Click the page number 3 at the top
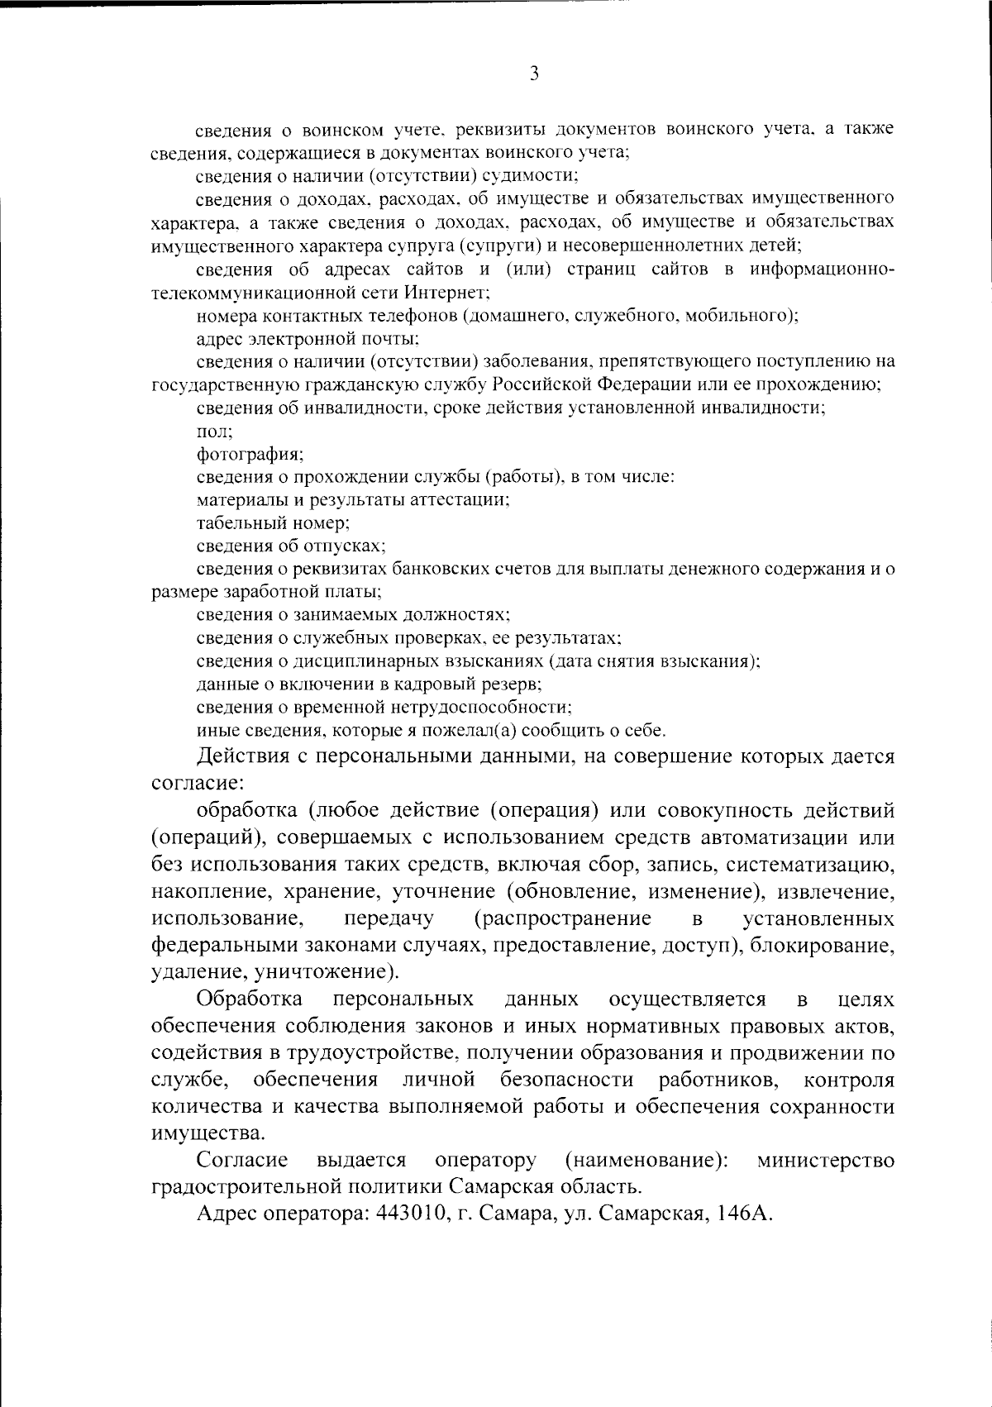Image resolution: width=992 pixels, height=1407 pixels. [x=534, y=74]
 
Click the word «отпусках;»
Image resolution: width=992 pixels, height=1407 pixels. [x=346, y=546]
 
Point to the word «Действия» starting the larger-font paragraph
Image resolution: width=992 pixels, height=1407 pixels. [x=239, y=756]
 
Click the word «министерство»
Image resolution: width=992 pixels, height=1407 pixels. [x=825, y=1161]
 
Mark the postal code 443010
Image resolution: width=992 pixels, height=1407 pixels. [x=410, y=1214]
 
